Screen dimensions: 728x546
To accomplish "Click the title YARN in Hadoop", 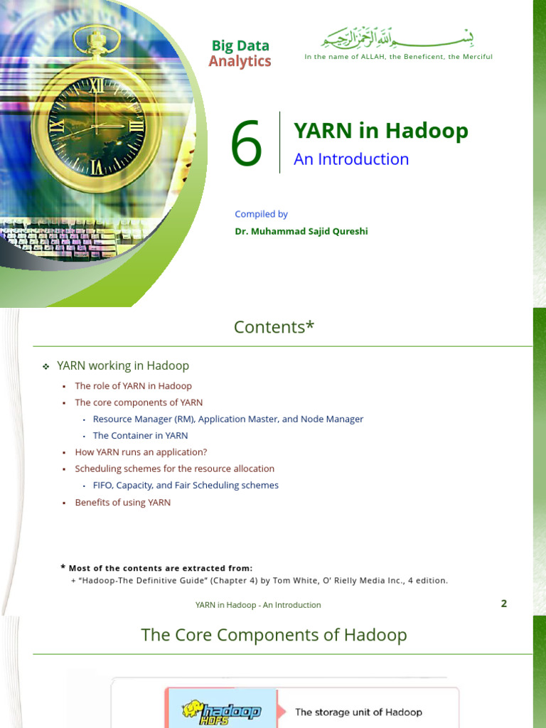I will click(381, 131).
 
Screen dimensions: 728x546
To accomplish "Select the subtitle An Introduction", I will click(351, 159).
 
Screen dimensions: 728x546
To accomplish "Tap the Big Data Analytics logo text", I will click(240, 54).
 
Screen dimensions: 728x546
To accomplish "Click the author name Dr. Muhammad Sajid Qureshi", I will click(301, 231).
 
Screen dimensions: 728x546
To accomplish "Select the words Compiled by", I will click(261, 214).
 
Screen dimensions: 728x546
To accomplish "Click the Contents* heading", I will click(274, 327).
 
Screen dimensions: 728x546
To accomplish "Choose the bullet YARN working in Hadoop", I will click(123, 366).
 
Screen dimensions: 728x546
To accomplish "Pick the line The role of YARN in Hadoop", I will click(133, 386).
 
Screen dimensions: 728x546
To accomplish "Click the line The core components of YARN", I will click(139, 402).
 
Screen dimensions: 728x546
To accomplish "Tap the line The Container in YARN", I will click(140, 436).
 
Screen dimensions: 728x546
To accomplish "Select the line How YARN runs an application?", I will click(141, 452).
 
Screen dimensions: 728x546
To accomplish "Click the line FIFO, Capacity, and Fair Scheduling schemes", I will click(186, 486).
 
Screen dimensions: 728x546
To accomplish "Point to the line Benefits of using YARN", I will click(122, 503).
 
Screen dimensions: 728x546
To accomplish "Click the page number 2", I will click(504, 604).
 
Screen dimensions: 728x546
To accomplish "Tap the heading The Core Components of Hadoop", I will click(274, 635).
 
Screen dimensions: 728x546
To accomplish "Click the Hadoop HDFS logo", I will click(221, 710).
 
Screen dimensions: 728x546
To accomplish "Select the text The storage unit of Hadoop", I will click(358, 712).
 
